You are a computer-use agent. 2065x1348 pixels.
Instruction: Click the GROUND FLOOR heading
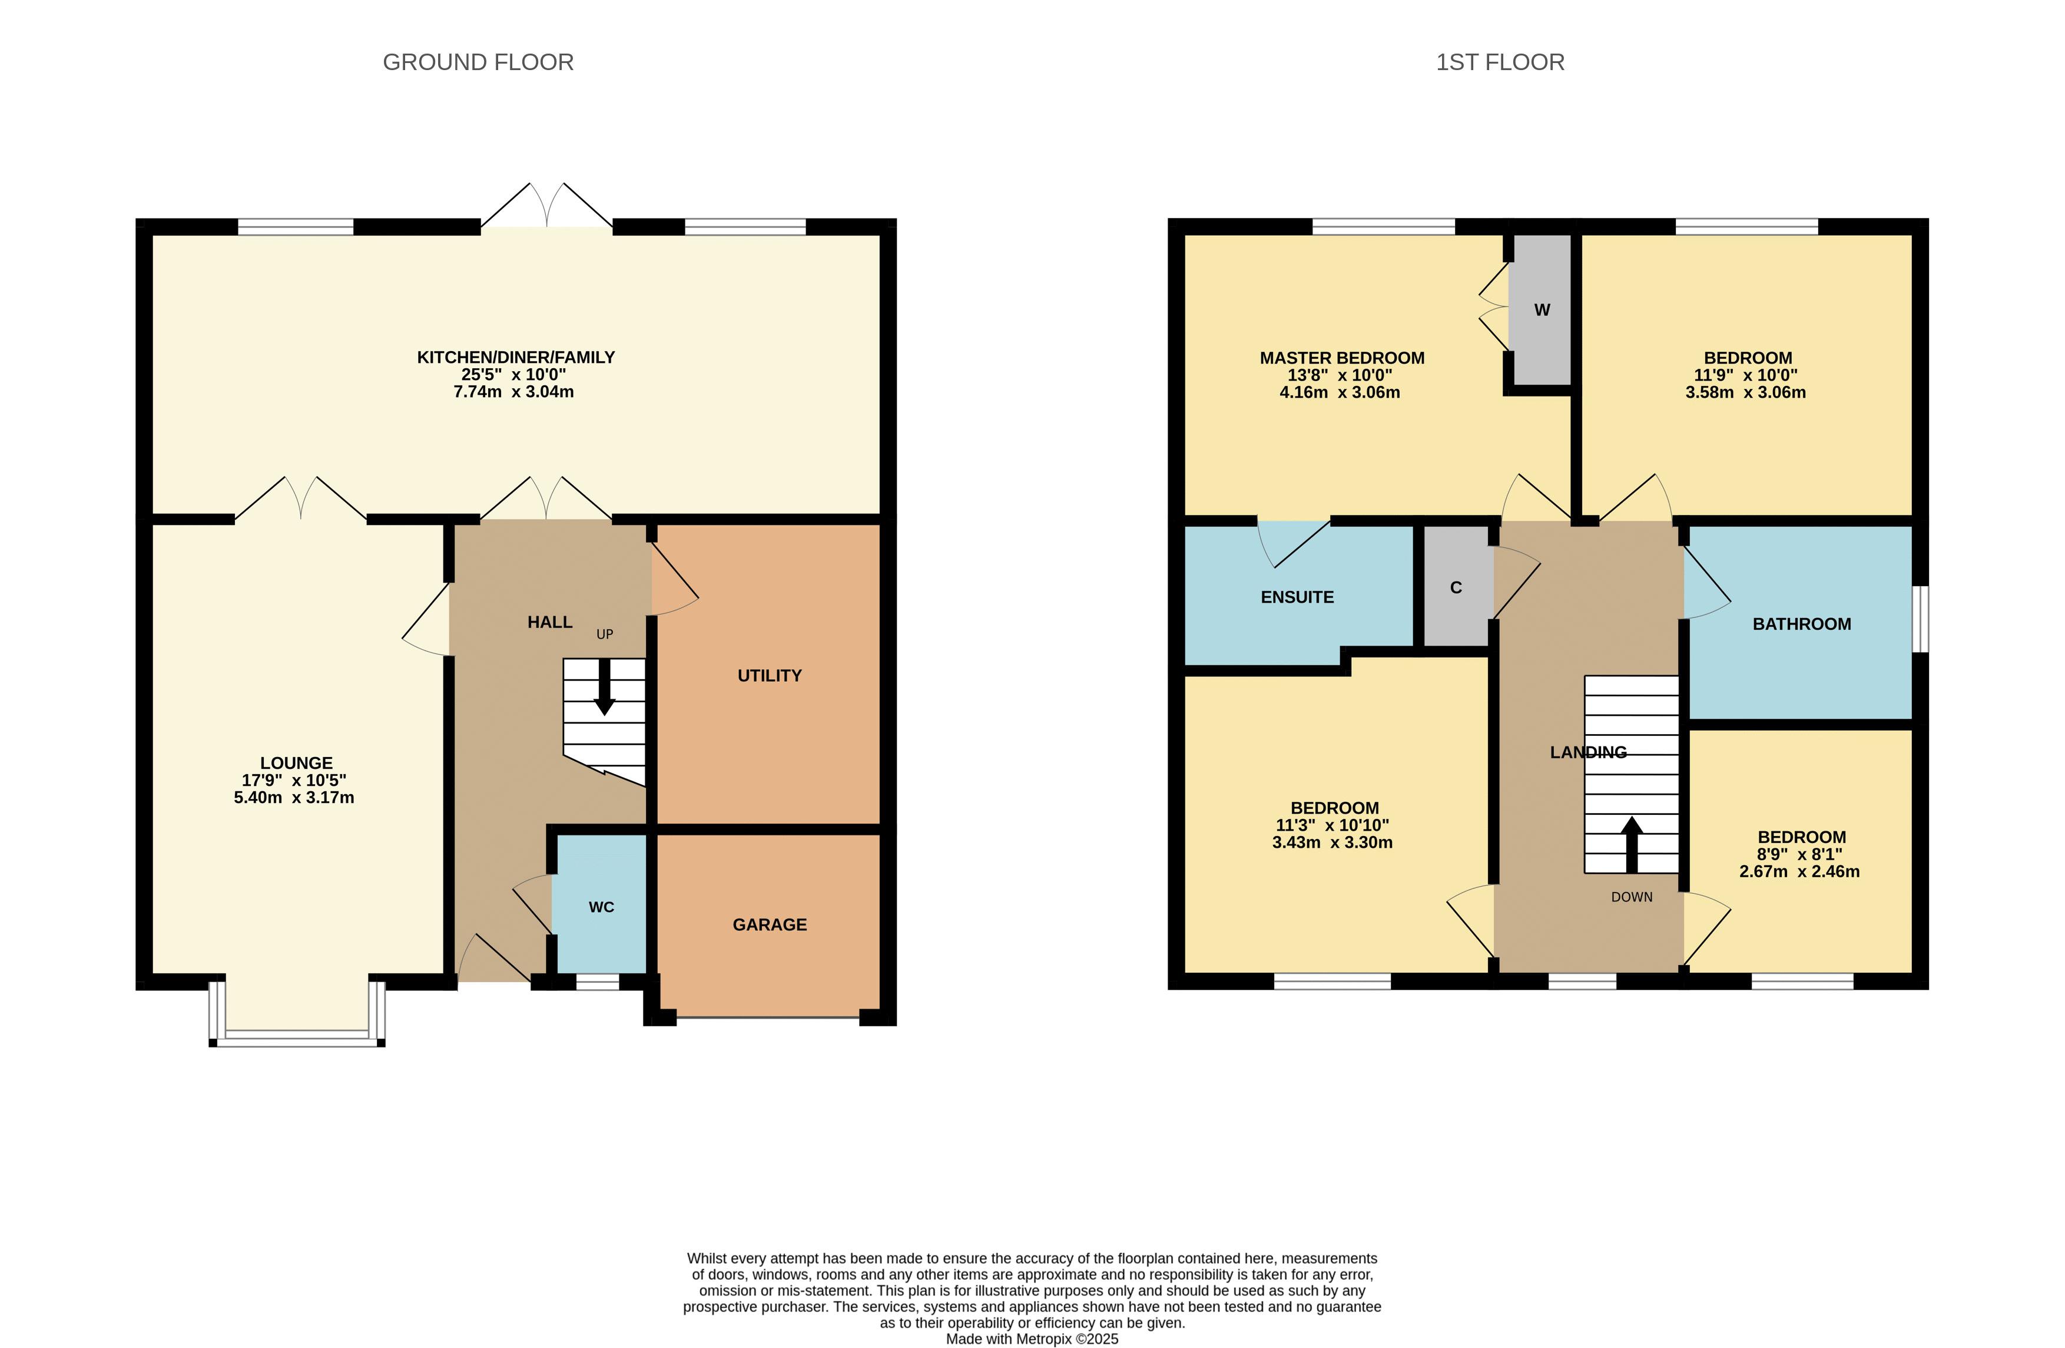pyautogui.click(x=478, y=62)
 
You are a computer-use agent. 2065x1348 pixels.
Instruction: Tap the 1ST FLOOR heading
pyautogui.click(x=1500, y=62)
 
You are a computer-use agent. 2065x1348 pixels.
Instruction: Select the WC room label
pyautogui.click(x=601, y=907)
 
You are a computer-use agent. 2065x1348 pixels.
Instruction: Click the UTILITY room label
pyautogui.click(x=770, y=675)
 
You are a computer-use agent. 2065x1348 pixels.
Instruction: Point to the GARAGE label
pyautogui.click(x=770, y=924)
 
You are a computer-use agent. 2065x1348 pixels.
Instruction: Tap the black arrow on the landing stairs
pyautogui.click(x=1632, y=844)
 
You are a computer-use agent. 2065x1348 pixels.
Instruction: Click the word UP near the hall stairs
pyautogui.click(x=605, y=635)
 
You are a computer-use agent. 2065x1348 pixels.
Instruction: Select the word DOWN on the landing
pyautogui.click(x=1632, y=897)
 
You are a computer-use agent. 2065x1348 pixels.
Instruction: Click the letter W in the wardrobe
pyautogui.click(x=1542, y=310)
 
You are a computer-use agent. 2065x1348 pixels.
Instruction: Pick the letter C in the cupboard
pyautogui.click(x=1456, y=587)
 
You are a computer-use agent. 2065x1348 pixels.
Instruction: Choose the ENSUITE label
pyautogui.click(x=1297, y=597)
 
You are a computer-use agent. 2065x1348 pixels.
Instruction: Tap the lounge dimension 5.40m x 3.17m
pyautogui.click(x=294, y=798)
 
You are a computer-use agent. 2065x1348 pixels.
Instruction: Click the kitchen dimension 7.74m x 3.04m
pyautogui.click(x=513, y=391)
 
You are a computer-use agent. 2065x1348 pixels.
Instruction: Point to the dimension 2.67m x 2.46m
pyautogui.click(x=1799, y=871)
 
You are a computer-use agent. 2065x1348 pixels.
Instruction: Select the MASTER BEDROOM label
pyautogui.click(x=1343, y=358)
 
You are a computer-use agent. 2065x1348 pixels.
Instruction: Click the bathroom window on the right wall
pyautogui.click(x=1921, y=618)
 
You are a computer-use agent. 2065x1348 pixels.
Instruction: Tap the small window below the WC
pyautogui.click(x=598, y=982)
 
